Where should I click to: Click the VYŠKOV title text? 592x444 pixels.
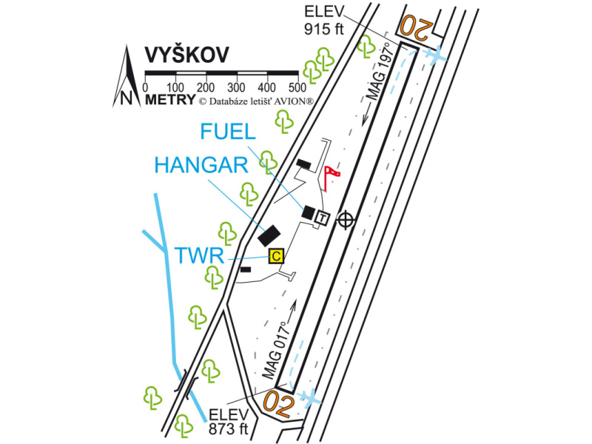pos(186,55)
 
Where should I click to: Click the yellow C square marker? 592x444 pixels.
pos(276,256)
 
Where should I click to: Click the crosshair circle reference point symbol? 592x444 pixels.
pos(345,219)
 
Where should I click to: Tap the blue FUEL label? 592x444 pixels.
pos(228,132)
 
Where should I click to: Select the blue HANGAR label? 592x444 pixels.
pos(200,165)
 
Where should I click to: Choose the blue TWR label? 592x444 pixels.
pos(200,256)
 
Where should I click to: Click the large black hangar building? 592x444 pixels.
pos(268,235)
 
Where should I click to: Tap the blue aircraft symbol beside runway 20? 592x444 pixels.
pos(437,55)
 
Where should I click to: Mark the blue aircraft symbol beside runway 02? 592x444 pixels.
pos(312,397)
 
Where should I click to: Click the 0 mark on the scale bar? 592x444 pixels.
pos(144,88)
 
